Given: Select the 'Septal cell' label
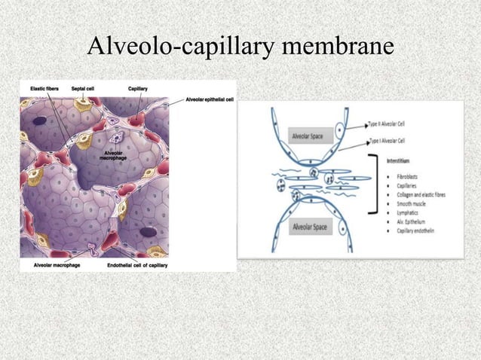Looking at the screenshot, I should click(83, 88).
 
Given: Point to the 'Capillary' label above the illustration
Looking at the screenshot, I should click(138, 88).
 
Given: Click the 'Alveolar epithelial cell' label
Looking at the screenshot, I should click(210, 99).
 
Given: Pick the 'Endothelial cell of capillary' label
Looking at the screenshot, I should click(138, 265).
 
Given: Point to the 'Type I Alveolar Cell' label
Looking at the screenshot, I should click(394, 140).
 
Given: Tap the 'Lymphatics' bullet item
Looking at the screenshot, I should click(405, 212).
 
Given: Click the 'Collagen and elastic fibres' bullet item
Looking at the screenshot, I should click(421, 194).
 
